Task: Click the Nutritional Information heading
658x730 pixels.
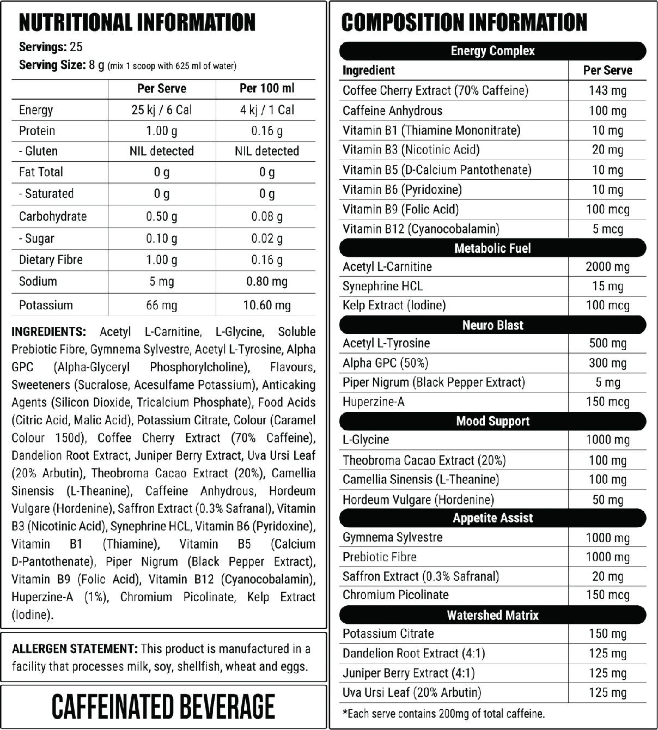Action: pyautogui.click(x=137, y=23)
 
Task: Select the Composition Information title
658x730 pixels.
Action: pyautogui.click(x=464, y=23)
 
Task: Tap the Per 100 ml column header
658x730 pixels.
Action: pyautogui.click(x=266, y=88)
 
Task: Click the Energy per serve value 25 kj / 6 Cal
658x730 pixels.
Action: pyautogui.click(x=161, y=110)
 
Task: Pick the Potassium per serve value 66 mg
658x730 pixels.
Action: pyautogui.click(x=161, y=305)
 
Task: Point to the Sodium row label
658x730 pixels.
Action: pyautogui.click(x=38, y=282)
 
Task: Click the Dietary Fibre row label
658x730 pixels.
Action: pyautogui.click(x=51, y=260)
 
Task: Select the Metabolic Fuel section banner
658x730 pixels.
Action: pyautogui.click(x=492, y=248)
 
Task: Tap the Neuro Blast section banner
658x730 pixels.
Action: pyautogui.click(x=492, y=325)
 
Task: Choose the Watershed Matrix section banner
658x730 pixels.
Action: pyautogui.click(x=492, y=615)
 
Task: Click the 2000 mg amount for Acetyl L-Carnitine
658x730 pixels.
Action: pyautogui.click(x=607, y=267)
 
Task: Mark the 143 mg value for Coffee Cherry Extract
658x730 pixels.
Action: pyautogui.click(x=607, y=90)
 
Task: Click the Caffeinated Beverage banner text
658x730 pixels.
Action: pyautogui.click(x=163, y=707)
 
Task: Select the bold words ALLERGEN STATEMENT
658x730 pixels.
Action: pyautogui.click(x=75, y=649)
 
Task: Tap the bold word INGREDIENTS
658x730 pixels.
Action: pyautogui.click(x=48, y=332)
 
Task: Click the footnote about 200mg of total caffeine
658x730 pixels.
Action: pyautogui.click(x=443, y=713)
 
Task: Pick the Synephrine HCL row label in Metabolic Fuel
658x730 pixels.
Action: pyautogui.click(x=382, y=287)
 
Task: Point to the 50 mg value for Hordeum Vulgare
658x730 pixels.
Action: pyautogui.click(x=607, y=500)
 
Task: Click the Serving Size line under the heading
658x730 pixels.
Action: pyautogui.click(x=127, y=65)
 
